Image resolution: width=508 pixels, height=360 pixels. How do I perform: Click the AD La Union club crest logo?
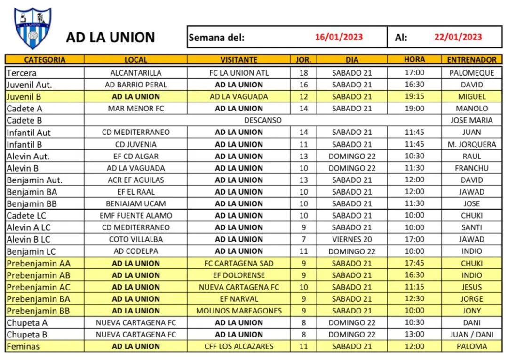click(32, 28)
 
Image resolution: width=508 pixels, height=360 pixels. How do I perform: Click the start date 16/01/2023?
click(339, 37)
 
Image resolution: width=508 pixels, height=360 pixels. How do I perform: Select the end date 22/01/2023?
click(458, 37)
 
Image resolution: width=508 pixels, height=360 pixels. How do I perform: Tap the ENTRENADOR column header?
click(471, 60)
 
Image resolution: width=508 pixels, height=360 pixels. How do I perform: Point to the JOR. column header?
click(303, 60)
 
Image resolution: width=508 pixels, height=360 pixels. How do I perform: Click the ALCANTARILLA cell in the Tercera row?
click(135, 73)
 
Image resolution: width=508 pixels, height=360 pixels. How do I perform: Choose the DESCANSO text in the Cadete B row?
click(262, 120)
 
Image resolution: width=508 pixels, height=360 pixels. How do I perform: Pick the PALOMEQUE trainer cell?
click(471, 73)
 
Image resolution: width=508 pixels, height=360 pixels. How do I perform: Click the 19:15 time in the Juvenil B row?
click(414, 96)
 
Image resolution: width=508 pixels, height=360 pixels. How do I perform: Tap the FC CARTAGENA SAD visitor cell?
click(238, 263)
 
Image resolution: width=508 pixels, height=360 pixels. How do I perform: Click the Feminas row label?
click(23, 346)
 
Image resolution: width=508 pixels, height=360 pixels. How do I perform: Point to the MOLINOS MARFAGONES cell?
click(238, 311)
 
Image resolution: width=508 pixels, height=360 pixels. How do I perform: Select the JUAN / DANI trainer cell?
click(471, 335)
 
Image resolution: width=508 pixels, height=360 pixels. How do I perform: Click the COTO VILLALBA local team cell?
click(135, 239)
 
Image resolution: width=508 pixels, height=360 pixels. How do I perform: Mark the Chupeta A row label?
click(27, 323)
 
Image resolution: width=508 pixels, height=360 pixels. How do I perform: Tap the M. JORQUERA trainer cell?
click(471, 144)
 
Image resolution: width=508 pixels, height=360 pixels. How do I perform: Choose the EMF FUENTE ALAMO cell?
click(135, 215)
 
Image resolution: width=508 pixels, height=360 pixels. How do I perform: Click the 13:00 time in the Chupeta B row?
click(414, 335)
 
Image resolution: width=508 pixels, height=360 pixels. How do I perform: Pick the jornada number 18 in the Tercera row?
click(303, 73)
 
